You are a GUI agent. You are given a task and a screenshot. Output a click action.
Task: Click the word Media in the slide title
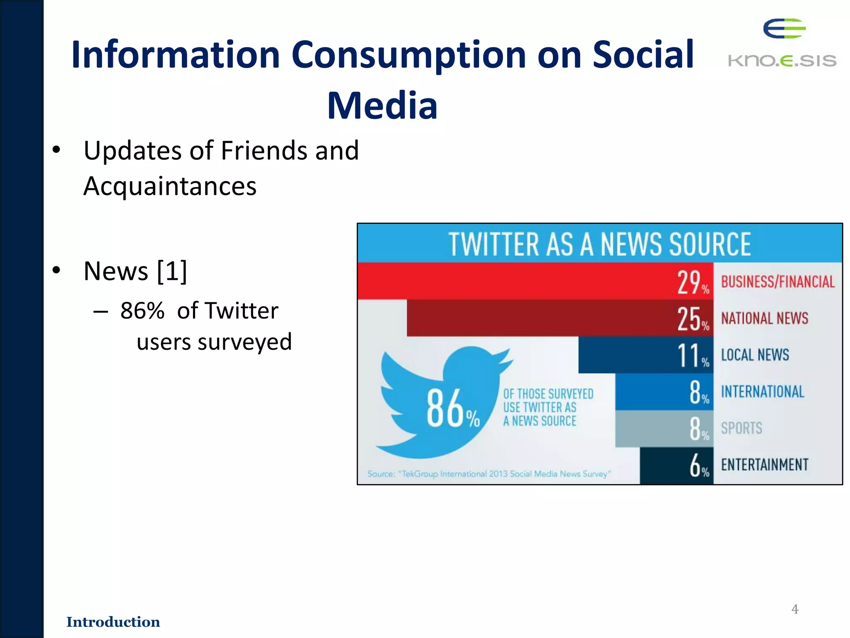point(382,106)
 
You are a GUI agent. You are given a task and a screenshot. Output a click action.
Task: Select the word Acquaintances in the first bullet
point(170,186)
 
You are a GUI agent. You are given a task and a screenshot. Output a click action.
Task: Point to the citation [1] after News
point(172,271)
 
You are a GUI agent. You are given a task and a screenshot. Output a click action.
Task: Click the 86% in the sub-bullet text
point(142,310)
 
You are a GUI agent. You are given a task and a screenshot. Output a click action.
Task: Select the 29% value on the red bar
point(692,282)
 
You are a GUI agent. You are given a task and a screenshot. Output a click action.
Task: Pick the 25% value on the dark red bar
point(692,319)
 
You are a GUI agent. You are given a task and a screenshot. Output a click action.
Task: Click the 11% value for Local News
point(692,356)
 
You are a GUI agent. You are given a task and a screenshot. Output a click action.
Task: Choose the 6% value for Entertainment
point(699,466)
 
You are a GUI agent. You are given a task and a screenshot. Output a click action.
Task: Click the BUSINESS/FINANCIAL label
point(777,282)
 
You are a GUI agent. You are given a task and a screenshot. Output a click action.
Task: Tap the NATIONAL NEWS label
point(765,319)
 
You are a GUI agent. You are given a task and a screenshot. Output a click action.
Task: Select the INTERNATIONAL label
point(762,392)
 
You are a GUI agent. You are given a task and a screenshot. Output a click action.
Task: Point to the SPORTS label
point(741,428)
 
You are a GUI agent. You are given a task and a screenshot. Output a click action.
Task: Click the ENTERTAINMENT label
point(765,465)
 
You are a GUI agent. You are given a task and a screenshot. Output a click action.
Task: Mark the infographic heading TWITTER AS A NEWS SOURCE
point(599,244)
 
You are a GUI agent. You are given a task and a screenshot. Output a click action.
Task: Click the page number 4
point(795,609)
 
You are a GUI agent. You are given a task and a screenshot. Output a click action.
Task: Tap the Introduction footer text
point(113,622)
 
